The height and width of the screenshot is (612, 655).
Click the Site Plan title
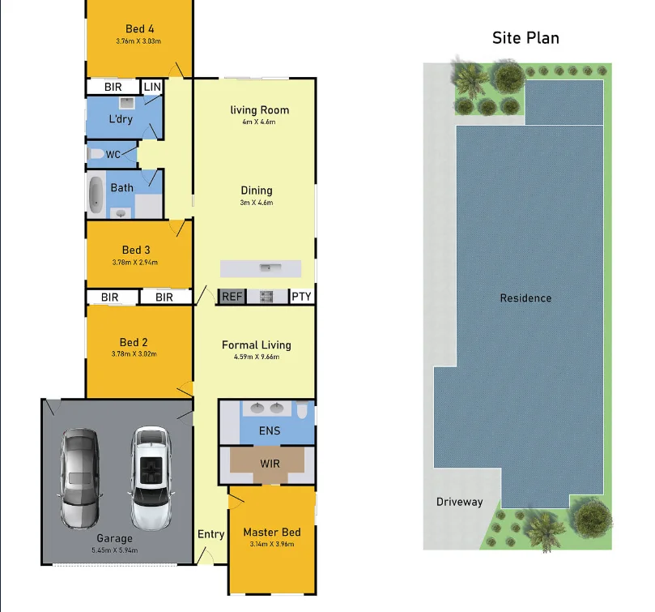525,38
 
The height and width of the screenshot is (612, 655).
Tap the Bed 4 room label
140,29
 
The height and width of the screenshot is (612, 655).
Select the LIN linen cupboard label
152,87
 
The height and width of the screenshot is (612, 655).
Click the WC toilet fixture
96,154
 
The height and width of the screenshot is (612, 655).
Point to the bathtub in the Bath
96,195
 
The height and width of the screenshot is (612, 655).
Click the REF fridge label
232,297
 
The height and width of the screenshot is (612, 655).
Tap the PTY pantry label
302,297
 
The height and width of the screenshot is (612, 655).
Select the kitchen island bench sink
265,267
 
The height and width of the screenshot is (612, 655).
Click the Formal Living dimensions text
256,357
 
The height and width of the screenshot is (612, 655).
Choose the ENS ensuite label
270,430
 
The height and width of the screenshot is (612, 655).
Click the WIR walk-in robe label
270,464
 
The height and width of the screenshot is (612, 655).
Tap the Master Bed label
272,533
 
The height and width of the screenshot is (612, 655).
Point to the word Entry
211,534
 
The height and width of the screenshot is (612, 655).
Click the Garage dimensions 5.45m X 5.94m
114,550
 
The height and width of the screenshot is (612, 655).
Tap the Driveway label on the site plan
459,502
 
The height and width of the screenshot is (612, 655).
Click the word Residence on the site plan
525,298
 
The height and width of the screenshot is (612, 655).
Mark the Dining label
256,190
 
